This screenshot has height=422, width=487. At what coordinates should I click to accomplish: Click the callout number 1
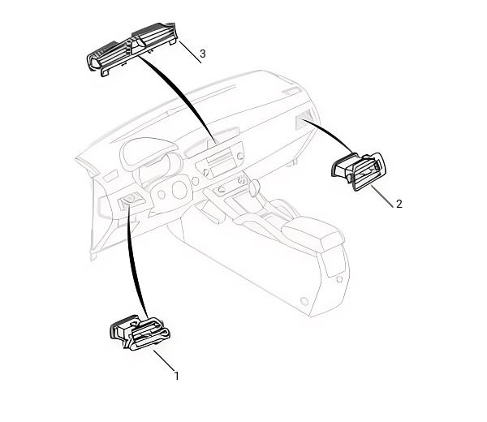(177, 376)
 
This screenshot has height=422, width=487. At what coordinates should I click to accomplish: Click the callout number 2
(399, 204)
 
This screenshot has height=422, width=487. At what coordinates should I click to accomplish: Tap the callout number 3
(202, 54)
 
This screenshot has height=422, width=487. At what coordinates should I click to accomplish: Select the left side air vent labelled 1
(140, 334)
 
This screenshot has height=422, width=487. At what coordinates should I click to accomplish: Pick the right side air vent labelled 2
(359, 170)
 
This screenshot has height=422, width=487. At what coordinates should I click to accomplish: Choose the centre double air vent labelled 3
(132, 49)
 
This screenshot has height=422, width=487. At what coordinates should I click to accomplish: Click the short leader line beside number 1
(164, 360)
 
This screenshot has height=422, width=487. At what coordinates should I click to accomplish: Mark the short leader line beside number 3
(190, 52)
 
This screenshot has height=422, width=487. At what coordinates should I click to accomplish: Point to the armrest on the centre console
(312, 231)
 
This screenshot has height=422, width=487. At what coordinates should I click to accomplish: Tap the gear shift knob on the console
(254, 187)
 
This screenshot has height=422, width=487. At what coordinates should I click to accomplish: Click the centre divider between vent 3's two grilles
(136, 45)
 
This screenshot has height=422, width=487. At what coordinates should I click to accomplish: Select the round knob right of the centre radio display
(239, 156)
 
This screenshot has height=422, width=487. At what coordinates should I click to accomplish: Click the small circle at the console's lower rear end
(304, 301)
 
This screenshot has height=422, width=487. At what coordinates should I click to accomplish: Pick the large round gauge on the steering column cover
(179, 191)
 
